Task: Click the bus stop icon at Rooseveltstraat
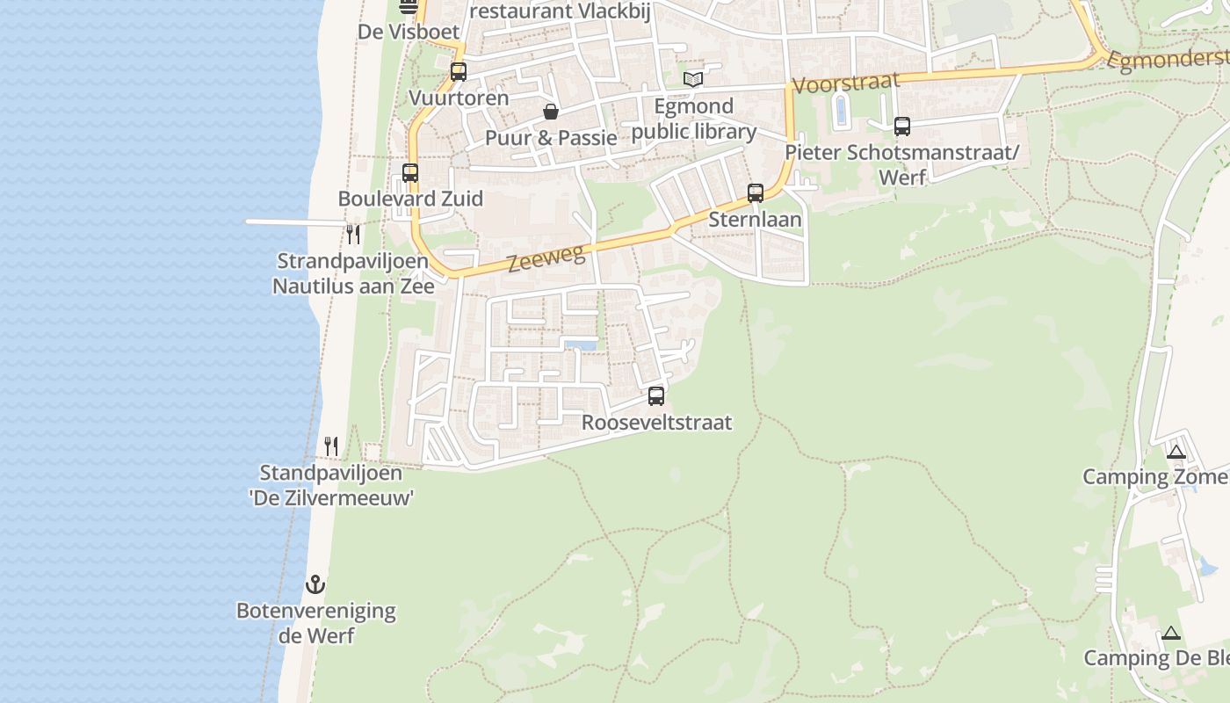[x=656, y=396]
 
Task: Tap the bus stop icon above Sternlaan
[x=756, y=193]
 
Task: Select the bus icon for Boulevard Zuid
[x=410, y=173]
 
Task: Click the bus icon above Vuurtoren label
[x=459, y=72]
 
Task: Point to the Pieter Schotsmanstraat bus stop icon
[x=902, y=127]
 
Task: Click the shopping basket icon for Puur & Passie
[x=551, y=112]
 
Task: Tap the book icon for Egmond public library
[x=693, y=80]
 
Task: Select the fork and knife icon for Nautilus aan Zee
[x=353, y=235]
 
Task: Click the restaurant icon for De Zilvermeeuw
[x=331, y=446]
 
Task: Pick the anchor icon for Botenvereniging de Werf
[x=315, y=584]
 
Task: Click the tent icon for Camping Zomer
[x=1176, y=453]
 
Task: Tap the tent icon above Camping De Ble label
[x=1171, y=633]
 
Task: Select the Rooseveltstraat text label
[x=656, y=423]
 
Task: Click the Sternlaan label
[x=756, y=219]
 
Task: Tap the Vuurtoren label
[x=459, y=98]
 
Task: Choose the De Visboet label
[x=409, y=32]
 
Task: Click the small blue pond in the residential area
[x=579, y=344]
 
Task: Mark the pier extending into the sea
[x=290, y=221]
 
